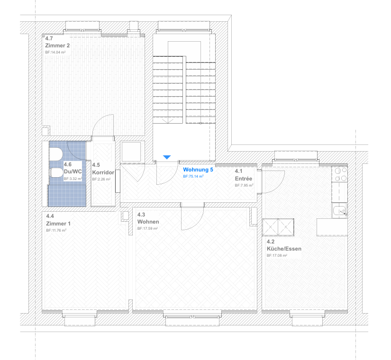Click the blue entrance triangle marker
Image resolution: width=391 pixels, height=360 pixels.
click(167, 157)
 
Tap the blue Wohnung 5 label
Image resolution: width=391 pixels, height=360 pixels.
click(198, 170)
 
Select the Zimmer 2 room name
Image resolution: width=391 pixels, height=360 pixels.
click(57, 45)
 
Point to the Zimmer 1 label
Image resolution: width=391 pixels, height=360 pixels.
click(58, 224)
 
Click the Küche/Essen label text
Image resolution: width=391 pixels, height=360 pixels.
click(284, 249)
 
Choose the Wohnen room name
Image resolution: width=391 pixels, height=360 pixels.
click(148, 222)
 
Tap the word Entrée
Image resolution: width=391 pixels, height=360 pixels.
click(244, 179)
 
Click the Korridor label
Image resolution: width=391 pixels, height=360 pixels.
click(103, 172)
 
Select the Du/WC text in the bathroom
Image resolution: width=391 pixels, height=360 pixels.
click(73, 172)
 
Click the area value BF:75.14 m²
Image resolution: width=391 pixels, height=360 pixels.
click(193, 177)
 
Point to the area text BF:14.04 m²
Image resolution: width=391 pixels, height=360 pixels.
click(55, 53)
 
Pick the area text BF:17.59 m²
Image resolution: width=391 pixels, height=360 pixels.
click(147, 229)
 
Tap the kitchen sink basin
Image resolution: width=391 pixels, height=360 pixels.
click(340, 211)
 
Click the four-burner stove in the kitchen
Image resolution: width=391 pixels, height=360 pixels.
click(340, 174)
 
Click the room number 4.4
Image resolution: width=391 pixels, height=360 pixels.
click(50, 216)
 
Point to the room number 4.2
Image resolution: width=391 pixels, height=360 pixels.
click(271, 242)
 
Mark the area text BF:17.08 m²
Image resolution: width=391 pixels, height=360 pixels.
click(277, 255)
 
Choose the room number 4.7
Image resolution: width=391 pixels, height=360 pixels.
click(49, 39)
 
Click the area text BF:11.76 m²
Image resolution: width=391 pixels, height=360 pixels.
click(56, 230)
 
